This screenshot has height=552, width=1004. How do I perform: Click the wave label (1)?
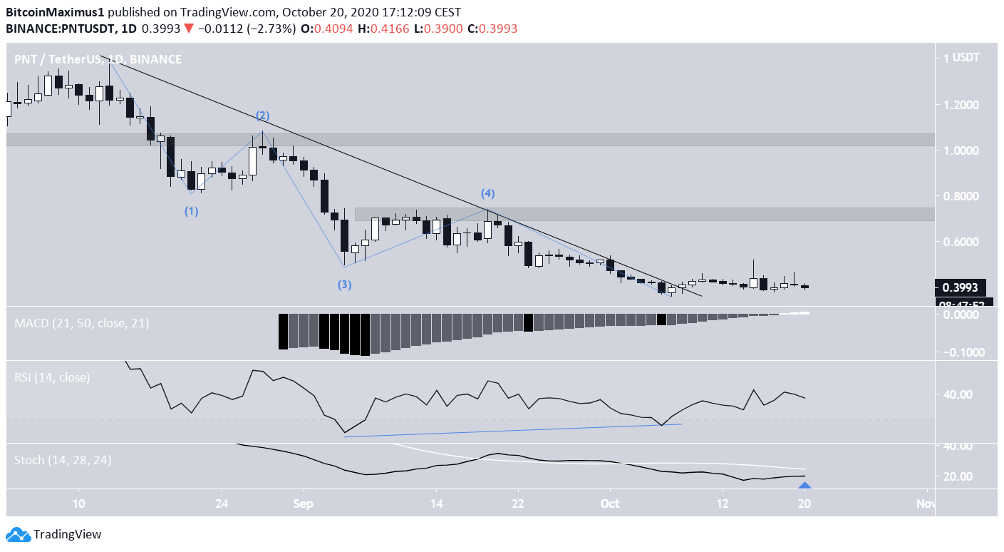[x=192, y=211]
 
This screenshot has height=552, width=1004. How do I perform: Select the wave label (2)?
[x=263, y=116]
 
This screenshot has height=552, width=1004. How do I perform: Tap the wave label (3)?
[x=344, y=285]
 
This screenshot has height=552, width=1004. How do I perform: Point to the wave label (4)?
[x=487, y=193]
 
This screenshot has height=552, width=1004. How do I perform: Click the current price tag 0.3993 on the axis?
[x=961, y=287]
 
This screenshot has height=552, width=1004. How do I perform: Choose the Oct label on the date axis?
[x=610, y=503]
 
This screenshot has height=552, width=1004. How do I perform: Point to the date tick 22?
[x=518, y=503]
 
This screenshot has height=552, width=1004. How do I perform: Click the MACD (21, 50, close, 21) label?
[x=81, y=323]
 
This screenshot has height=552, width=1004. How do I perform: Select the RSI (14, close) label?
[x=52, y=377]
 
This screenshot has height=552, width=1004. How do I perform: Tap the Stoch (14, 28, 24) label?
[x=62, y=460]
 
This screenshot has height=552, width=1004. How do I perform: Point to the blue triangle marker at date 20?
[x=804, y=487]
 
